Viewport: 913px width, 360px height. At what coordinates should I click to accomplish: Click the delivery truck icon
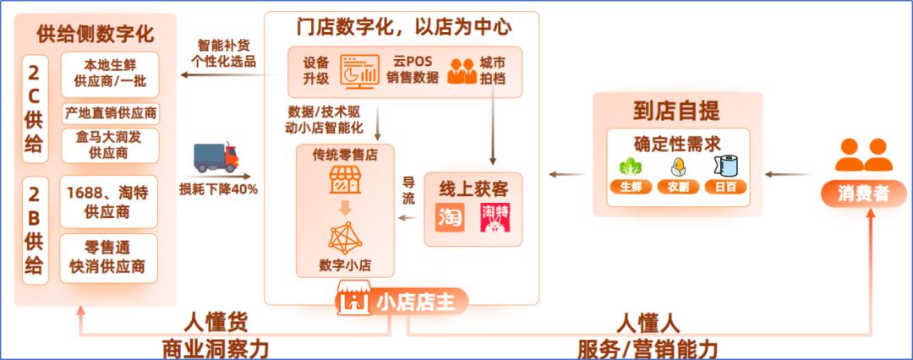click(216, 157)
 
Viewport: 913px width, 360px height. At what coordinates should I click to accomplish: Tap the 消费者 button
click(863, 194)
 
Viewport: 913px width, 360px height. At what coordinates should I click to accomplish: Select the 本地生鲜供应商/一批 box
click(110, 74)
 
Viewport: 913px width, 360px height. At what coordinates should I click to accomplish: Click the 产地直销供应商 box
click(111, 113)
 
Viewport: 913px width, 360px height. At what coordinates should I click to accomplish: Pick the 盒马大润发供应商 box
click(110, 145)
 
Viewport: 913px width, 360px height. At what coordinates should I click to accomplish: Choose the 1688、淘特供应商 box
click(109, 202)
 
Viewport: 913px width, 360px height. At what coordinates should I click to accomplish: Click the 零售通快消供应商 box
click(109, 259)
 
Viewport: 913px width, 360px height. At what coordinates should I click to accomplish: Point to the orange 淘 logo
click(450, 218)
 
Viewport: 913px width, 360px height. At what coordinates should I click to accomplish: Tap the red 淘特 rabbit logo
click(495, 218)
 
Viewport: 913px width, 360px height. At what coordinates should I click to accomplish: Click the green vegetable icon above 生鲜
click(631, 167)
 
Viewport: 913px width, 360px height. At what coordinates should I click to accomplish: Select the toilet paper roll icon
click(725, 166)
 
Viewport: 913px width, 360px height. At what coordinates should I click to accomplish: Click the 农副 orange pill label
click(678, 187)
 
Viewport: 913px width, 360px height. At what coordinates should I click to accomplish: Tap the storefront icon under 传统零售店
click(345, 180)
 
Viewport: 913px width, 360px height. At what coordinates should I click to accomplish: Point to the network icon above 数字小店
click(345, 237)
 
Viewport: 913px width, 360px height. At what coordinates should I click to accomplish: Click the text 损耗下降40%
click(218, 189)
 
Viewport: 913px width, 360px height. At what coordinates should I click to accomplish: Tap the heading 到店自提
click(676, 111)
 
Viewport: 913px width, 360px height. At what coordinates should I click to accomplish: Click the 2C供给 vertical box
click(36, 109)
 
